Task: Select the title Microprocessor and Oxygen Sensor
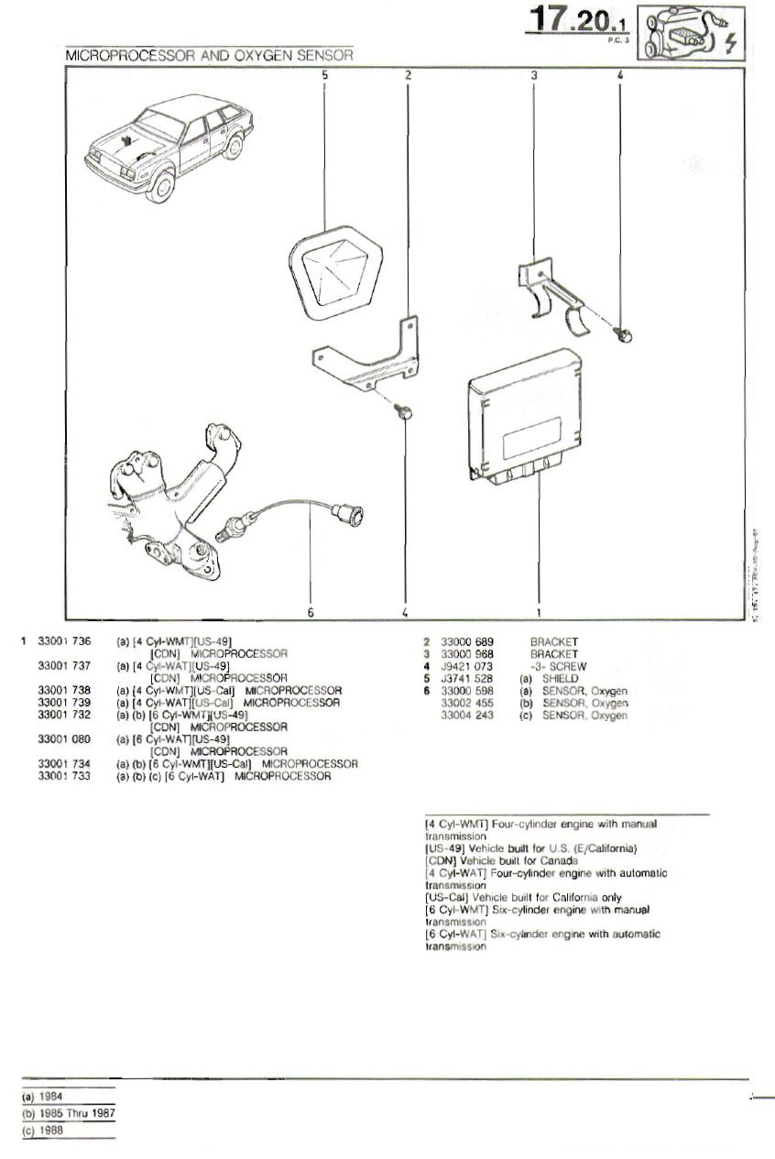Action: [x=210, y=56]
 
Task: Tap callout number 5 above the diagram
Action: [x=324, y=75]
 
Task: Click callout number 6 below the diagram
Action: [x=311, y=612]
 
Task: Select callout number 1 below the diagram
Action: [x=538, y=612]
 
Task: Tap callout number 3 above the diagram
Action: [x=533, y=75]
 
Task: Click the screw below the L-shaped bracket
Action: [x=401, y=414]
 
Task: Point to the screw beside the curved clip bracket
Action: [x=625, y=336]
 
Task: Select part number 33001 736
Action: [x=64, y=642]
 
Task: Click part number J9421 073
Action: [x=467, y=666]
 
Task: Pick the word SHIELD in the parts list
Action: [x=561, y=679]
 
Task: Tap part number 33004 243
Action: [x=467, y=715]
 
